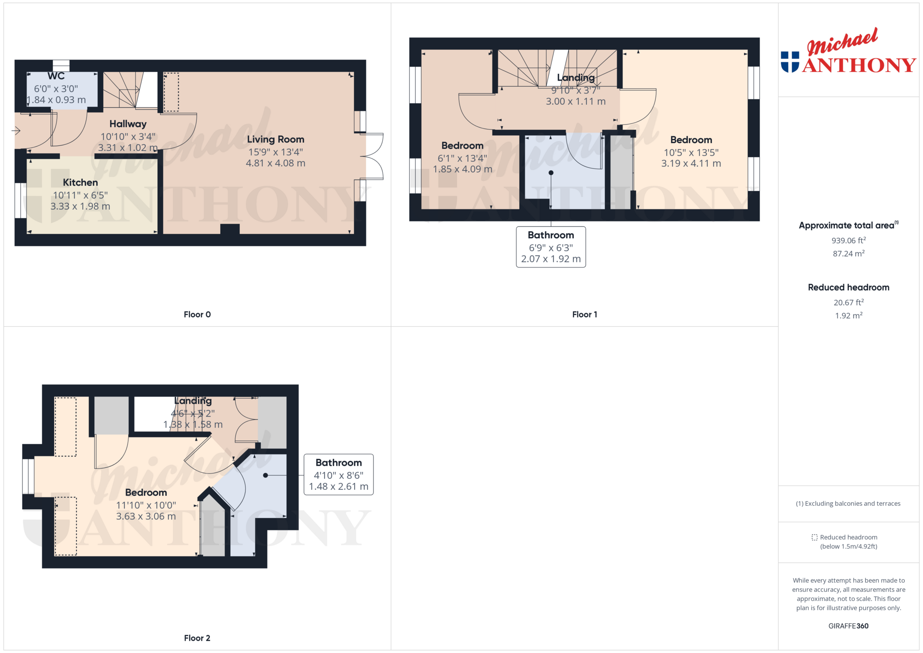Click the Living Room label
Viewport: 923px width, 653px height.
(x=275, y=139)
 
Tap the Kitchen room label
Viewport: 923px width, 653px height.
(x=80, y=182)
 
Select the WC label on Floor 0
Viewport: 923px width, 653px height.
(x=56, y=76)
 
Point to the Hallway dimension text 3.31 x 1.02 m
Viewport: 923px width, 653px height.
(x=128, y=148)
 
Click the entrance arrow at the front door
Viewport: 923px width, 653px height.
(x=16, y=131)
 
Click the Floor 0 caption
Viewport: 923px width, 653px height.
(x=197, y=314)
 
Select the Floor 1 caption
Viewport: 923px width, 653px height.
(x=584, y=314)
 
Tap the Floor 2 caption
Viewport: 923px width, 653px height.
(x=197, y=638)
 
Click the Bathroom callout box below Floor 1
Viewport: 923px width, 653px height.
(x=551, y=247)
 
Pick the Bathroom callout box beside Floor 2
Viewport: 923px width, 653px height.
(x=339, y=474)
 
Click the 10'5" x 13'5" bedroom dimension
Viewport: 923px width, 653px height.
(x=691, y=153)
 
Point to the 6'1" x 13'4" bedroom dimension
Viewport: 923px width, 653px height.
(x=462, y=158)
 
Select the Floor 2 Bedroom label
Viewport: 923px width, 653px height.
(x=146, y=493)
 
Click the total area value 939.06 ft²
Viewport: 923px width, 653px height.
(x=848, y=240)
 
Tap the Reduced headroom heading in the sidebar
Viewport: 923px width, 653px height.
(x=848, y=288)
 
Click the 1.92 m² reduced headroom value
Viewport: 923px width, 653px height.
(x=848, y=315)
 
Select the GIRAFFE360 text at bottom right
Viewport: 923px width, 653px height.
(x=848, y=626)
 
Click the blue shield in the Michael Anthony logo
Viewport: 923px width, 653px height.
(x=790, y=62)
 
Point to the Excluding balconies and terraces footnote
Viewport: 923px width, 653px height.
(x=848, y=504)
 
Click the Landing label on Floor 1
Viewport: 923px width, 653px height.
(x=576, y=77)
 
